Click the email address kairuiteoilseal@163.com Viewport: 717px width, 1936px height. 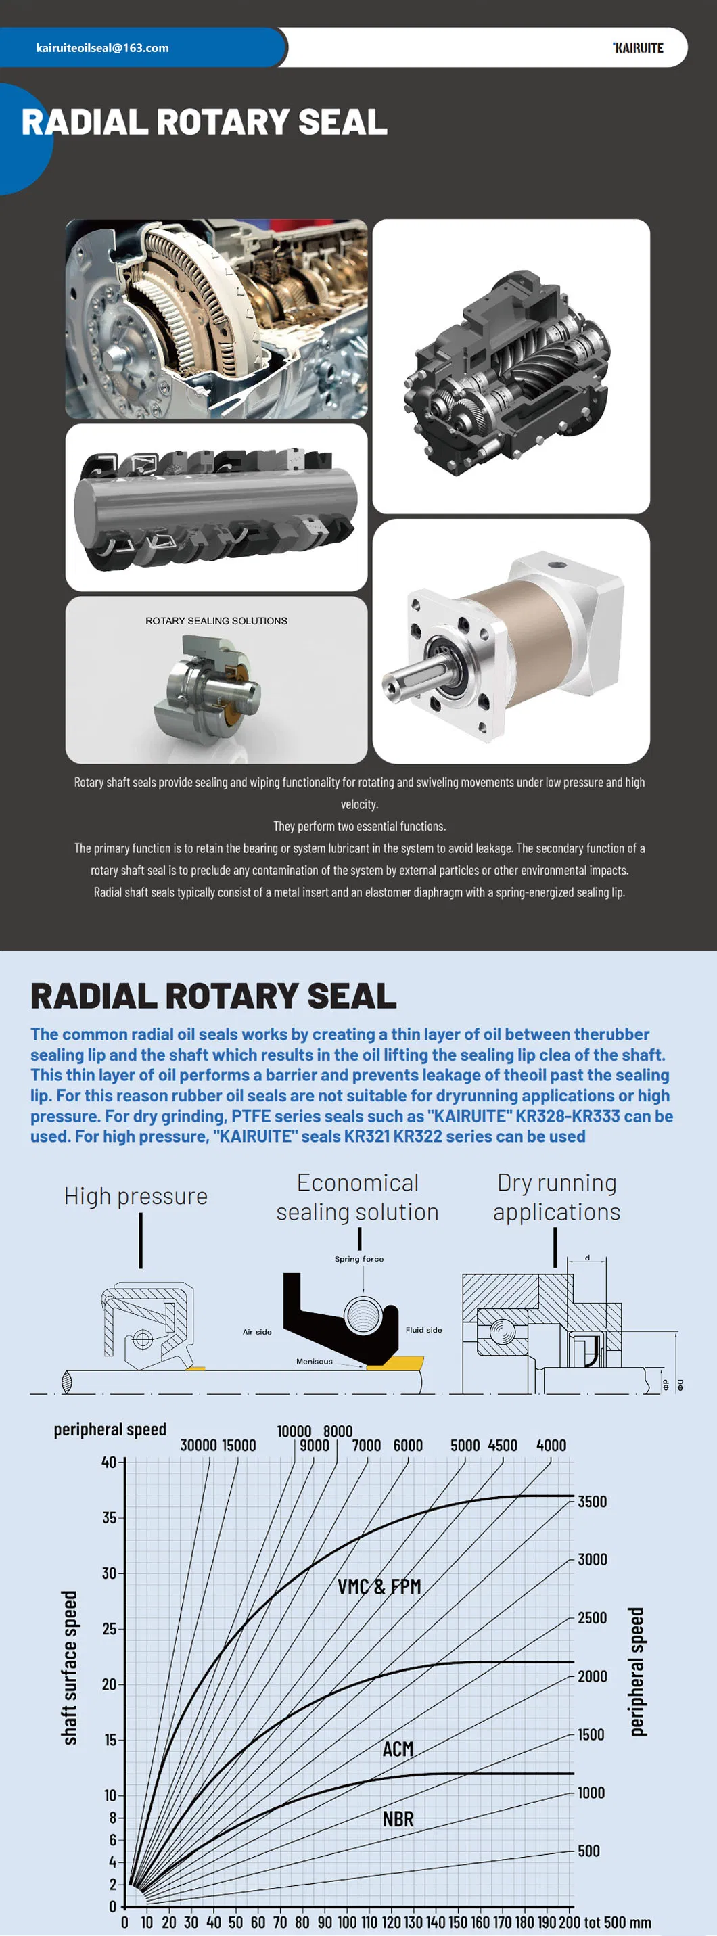click(x=102, y=48)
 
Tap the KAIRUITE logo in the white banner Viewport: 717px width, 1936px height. click(x=638, y=48)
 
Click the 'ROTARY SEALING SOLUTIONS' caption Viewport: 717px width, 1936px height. click(x=216, y=621)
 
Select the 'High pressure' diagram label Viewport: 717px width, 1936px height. click(x=135, y=1196)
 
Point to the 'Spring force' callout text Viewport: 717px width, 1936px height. click(x=358, y=1259)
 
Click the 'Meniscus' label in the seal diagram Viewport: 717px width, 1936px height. click(x=314, y=1361)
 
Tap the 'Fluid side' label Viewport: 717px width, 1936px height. click(x=424, y=1329)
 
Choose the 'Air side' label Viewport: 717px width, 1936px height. click(x=257, y=1332)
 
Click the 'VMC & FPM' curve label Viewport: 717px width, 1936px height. click(x=379, y=1586)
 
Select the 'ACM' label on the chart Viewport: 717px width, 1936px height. click(x=398, y=1749)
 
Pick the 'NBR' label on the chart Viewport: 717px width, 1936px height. click(x=398, y=1819)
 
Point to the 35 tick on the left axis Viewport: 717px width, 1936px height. click(x=110, y=1517)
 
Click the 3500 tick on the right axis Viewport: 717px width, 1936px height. click(x=593, y=1502)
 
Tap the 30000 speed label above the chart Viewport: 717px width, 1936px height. click(x=198, y=1446)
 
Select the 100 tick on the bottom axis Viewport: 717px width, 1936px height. click(x=346, y=1922)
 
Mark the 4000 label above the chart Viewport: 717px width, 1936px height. click(x=551, y=1446)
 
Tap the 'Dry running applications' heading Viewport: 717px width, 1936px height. click(x=556, y=1197)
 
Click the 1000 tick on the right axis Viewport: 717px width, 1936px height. click(x=591, y=1793)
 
